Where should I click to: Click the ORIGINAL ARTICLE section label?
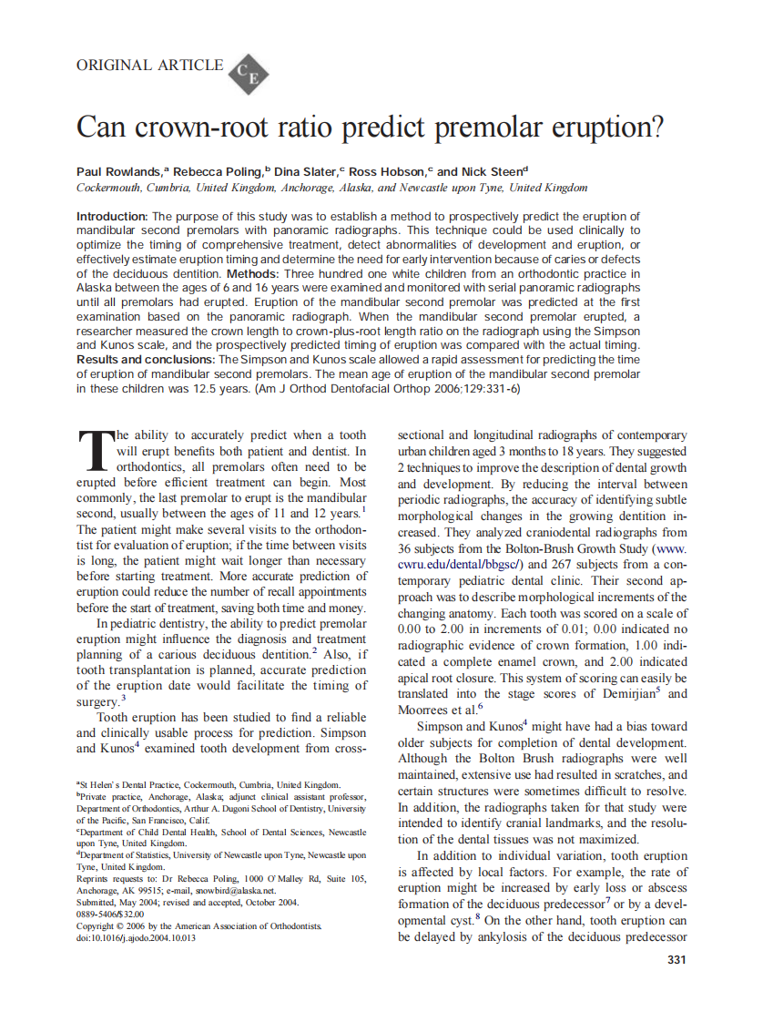coord(149,65)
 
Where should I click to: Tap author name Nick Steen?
coord(495,171)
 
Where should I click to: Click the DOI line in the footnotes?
coord(136,938)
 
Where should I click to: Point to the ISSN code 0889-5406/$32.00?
coord(110,915)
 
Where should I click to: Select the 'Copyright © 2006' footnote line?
coord(198,926)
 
